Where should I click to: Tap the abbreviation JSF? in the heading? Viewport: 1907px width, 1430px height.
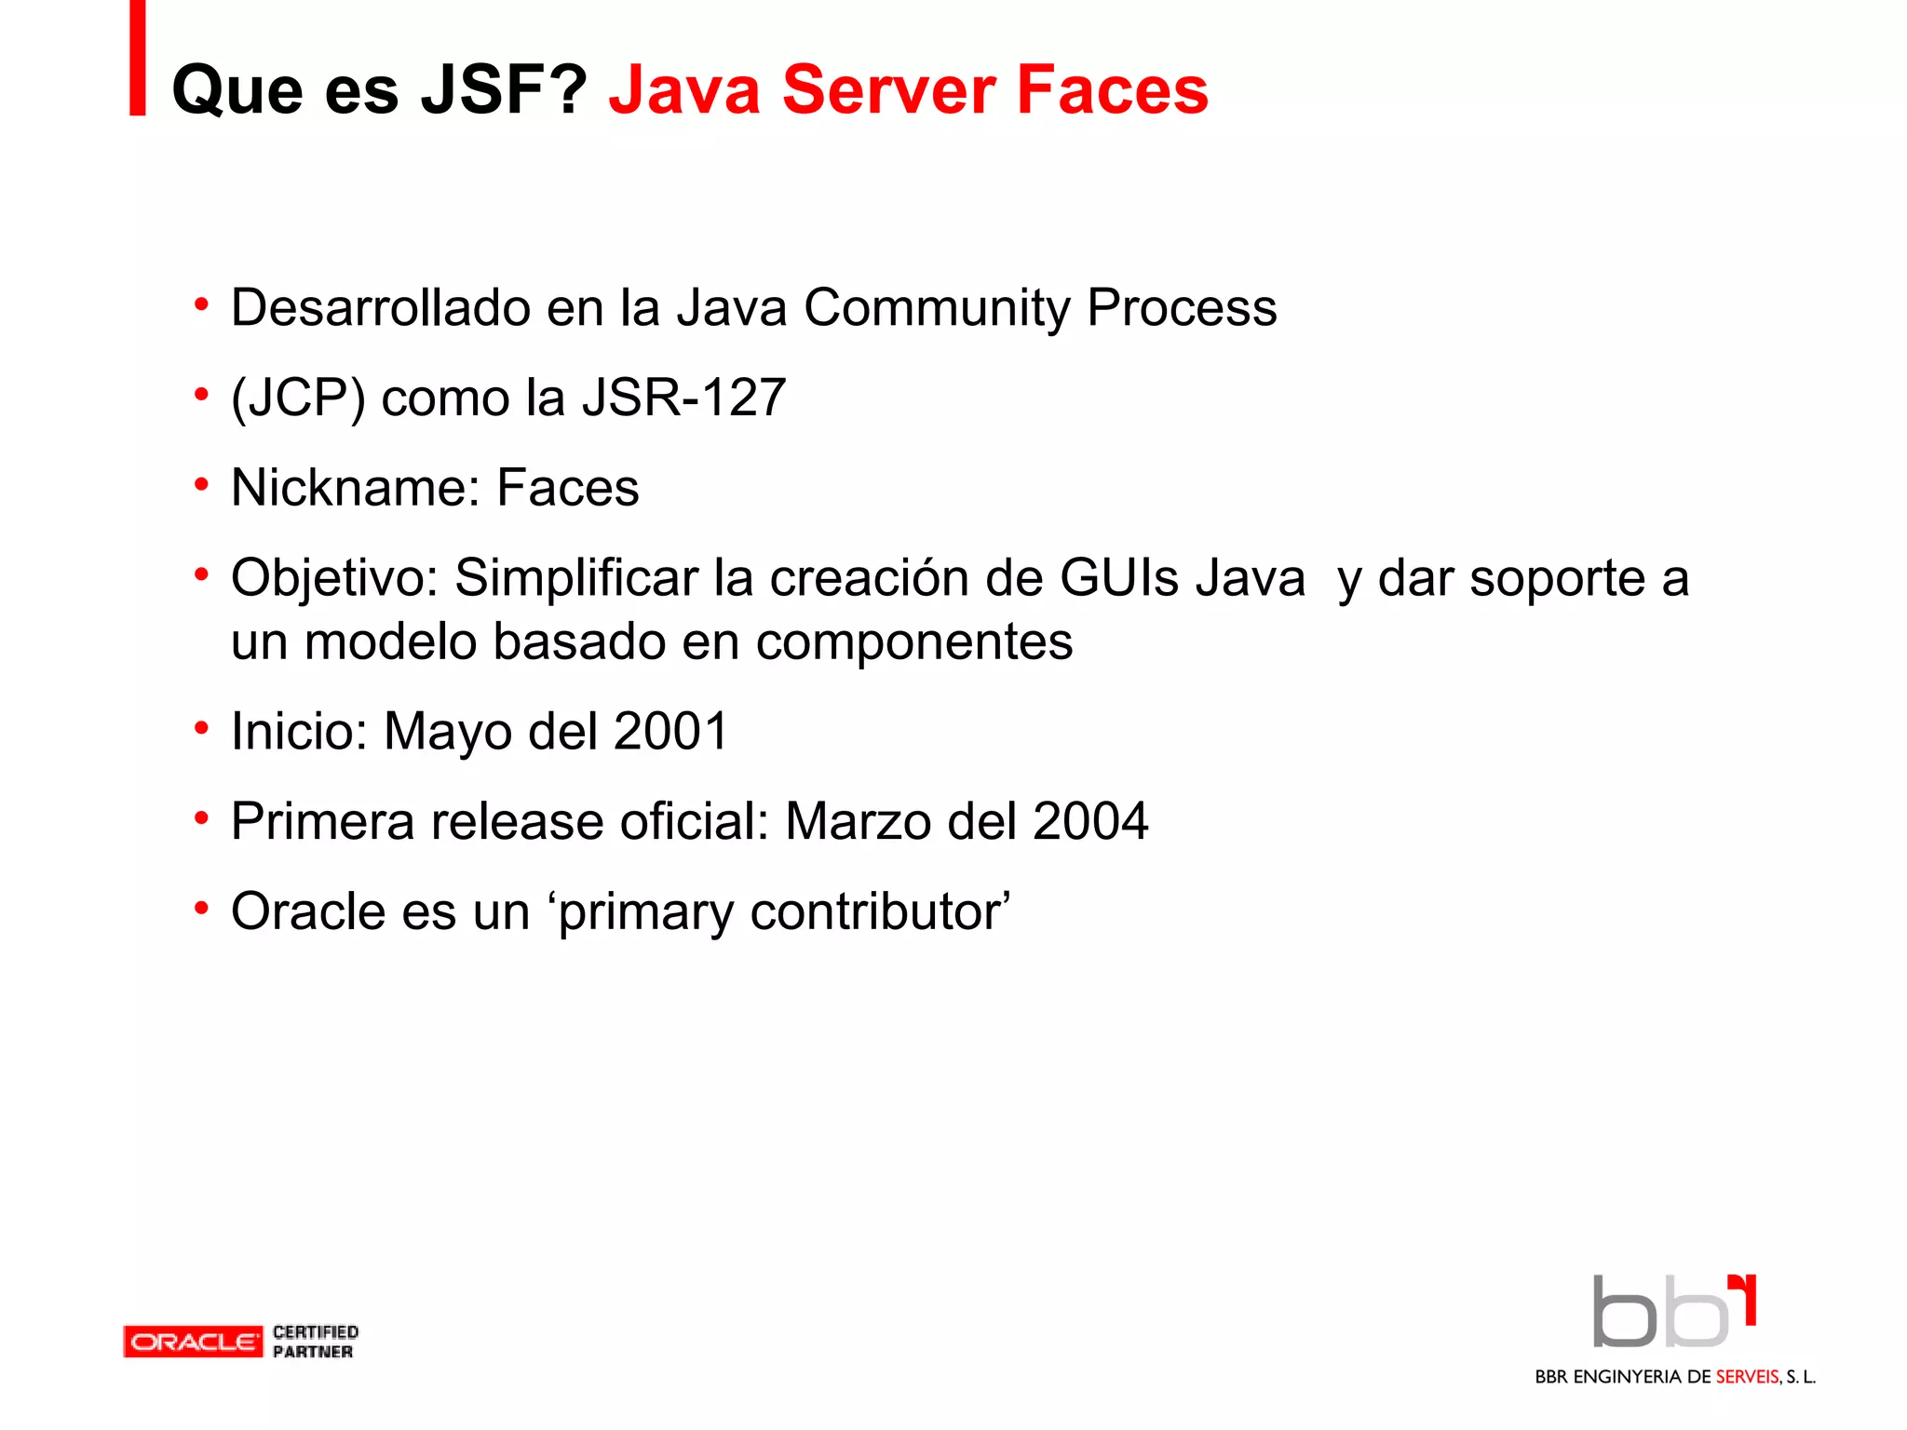[x=504, y=90]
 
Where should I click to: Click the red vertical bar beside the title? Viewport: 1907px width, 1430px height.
[x=138, y=58]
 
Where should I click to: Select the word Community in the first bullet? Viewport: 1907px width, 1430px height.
[x=937, y=308]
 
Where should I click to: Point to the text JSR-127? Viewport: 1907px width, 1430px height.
[x=684, y=398]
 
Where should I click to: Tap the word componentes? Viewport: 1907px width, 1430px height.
[x=913, y=641]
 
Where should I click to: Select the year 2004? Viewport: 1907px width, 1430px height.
[x=1089, y=821]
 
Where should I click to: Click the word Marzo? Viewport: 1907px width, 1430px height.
[x=858, y=821]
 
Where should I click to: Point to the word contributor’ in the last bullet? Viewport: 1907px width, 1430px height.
[x=880, y=911]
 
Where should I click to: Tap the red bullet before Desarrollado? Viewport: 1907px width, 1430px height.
[x=201, y=304]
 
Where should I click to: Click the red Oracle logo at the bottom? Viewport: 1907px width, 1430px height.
[x=194, y=1342]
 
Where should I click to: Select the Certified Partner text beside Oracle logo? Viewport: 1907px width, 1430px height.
[x=315, y=1342]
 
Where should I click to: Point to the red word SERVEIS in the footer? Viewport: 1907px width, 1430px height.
[x=1747, y=1377]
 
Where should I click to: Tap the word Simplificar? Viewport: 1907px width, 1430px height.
[x=575, y=578]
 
